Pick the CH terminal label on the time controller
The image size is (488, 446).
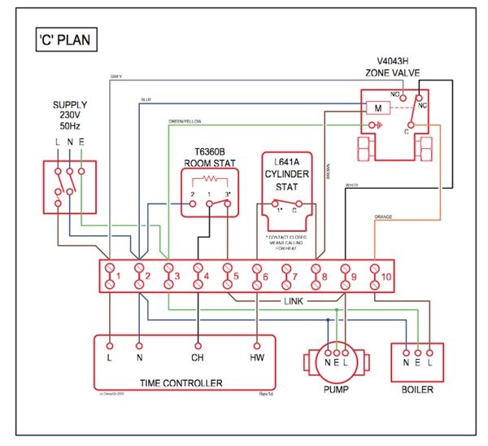[x=197, y=357]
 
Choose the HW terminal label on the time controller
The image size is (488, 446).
[x=258, y=357]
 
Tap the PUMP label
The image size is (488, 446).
[x=335, y=389]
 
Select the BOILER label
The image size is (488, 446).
[x=417, y=389]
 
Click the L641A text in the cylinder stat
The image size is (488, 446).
[x=286, y=162]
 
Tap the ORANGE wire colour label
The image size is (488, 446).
[x=383, y=216]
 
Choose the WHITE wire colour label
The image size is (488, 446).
[x=352, y=186]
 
